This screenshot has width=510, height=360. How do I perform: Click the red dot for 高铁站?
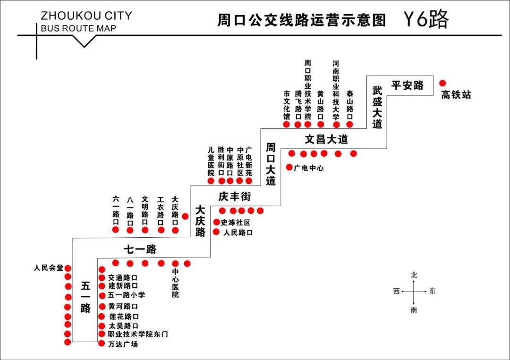pos(442,83)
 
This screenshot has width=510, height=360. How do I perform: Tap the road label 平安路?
pos(408,85)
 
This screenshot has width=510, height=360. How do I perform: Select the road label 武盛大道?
pos(377,107)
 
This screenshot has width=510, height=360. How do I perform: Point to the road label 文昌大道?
pos(326,139)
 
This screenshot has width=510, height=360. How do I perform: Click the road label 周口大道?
pos(271,164)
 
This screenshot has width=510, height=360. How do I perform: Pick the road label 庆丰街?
pos(235,197)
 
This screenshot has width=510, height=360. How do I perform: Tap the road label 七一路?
pos(140,249)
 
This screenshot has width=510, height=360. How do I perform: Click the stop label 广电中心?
pos(309,168)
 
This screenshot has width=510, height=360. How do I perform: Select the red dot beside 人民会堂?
pos(68,268)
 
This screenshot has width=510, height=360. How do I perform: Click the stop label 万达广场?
pos(123,344)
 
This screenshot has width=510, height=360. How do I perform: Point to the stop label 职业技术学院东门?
pos(138,334)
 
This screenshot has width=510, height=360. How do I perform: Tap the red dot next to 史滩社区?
pos(216,222)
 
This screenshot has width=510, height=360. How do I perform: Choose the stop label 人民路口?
pos(238,233)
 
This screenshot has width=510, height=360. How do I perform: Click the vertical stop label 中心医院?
pos(175,283)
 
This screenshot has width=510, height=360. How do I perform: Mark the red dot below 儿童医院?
pos(211,181)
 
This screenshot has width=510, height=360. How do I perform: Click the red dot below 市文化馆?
pos(287,125)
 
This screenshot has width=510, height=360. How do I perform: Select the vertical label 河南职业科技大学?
pos(336,90)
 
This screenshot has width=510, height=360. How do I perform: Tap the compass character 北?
pos(414,275)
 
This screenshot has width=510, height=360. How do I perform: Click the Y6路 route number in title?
pos(426,19)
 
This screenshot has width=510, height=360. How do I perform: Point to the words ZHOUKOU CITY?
pos(86,16)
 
